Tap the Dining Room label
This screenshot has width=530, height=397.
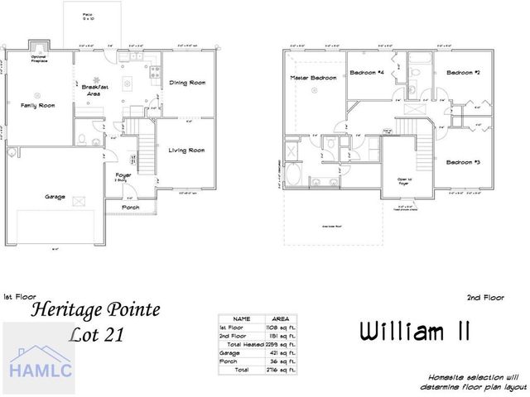point(187,83)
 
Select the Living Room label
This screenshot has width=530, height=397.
point(186,151)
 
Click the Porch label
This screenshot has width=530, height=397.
point(130,207)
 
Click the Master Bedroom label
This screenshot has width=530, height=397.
point(313,77)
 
